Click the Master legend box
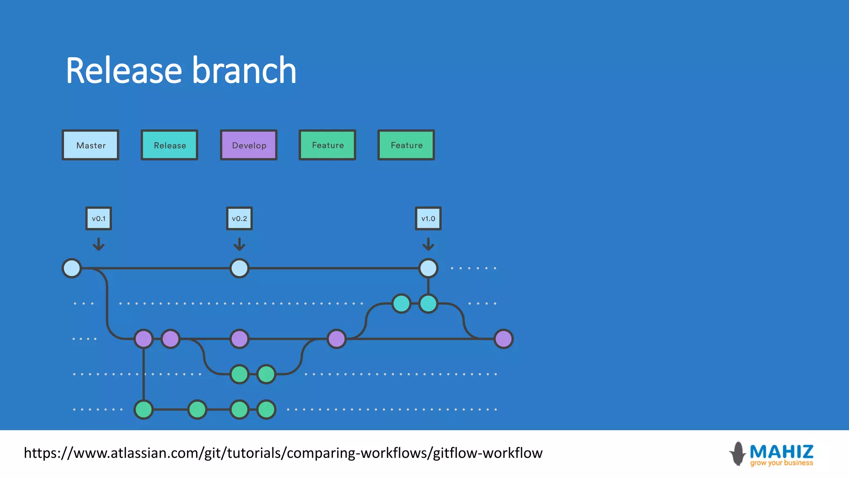(x=90, y=145)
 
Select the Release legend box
(x=170, y=145)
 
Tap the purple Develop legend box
(x=249, y=145)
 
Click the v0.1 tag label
(x=99, y=218)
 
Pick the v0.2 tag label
(x=239, y=218)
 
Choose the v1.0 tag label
(x=428, y=218)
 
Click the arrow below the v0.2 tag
(x=239, y=244)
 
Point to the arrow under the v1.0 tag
(x=428, y=244)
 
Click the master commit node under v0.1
(x=72, y=268)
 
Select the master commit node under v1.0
(x=428, y=268)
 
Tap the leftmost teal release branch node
(x=401, y=303)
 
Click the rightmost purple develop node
(x=504, y=339)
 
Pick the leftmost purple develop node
(x=144, y=339)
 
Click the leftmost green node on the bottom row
(x=144, y=410)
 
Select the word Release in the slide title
(x=124, y=71)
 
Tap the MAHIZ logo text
(x=781, y=451)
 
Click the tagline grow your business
(x=781, y=463)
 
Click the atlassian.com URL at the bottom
(x=283, y=453)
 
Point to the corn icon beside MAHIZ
(x=738, y=454)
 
